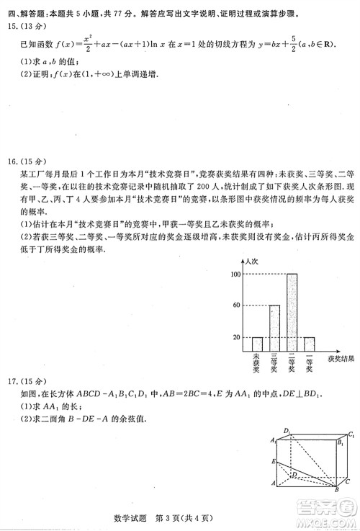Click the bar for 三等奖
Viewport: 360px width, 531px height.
pyautogui.click(x=274, y=326)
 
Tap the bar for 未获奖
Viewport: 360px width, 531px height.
pyautogui.click(x=257, y=342)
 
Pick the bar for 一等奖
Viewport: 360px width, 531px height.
pyautogui.click(x=309, y=342)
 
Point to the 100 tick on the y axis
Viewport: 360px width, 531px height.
pyautogui.click(x=236, y=275)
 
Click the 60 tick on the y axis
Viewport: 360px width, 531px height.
pyautogui.click(x=236, y=305)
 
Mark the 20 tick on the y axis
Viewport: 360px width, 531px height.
pyautogui.click(x=236, y=337)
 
